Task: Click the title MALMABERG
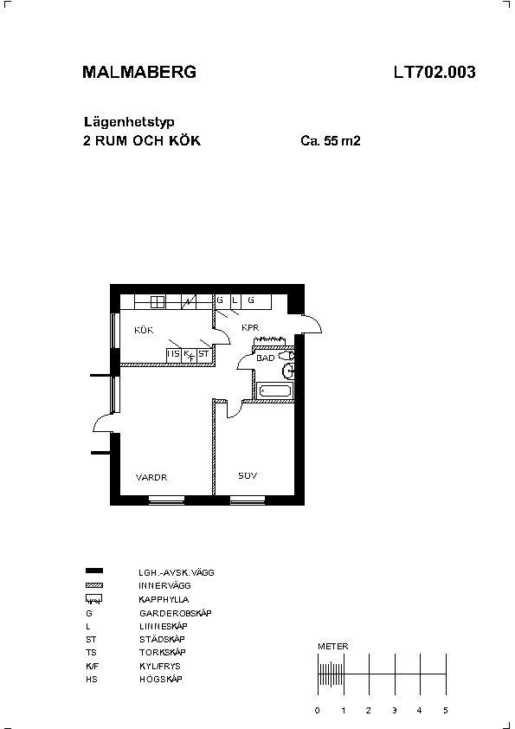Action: coord(139,72)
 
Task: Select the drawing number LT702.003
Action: coord(435,72)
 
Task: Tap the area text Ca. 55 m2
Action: coord(331,140)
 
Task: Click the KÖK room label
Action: coord(144,330)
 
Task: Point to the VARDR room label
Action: coord(151,477)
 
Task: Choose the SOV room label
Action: coord(248,475)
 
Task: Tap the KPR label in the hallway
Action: coord(250,328)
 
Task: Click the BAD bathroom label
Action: coord(266,358)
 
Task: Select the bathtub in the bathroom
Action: coord(275,391)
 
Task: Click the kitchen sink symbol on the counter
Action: coord(158,302)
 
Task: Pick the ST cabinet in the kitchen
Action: coord(204,354)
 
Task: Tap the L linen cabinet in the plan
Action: coord(235,300)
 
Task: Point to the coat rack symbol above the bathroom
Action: coord(269,341)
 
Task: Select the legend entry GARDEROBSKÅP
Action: coord(175,613)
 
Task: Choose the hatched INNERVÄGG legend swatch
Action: coord(94,586)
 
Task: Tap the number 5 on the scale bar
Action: coord(445,710)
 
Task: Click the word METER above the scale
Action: coord(332,646)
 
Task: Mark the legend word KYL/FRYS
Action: coord(160,666)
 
